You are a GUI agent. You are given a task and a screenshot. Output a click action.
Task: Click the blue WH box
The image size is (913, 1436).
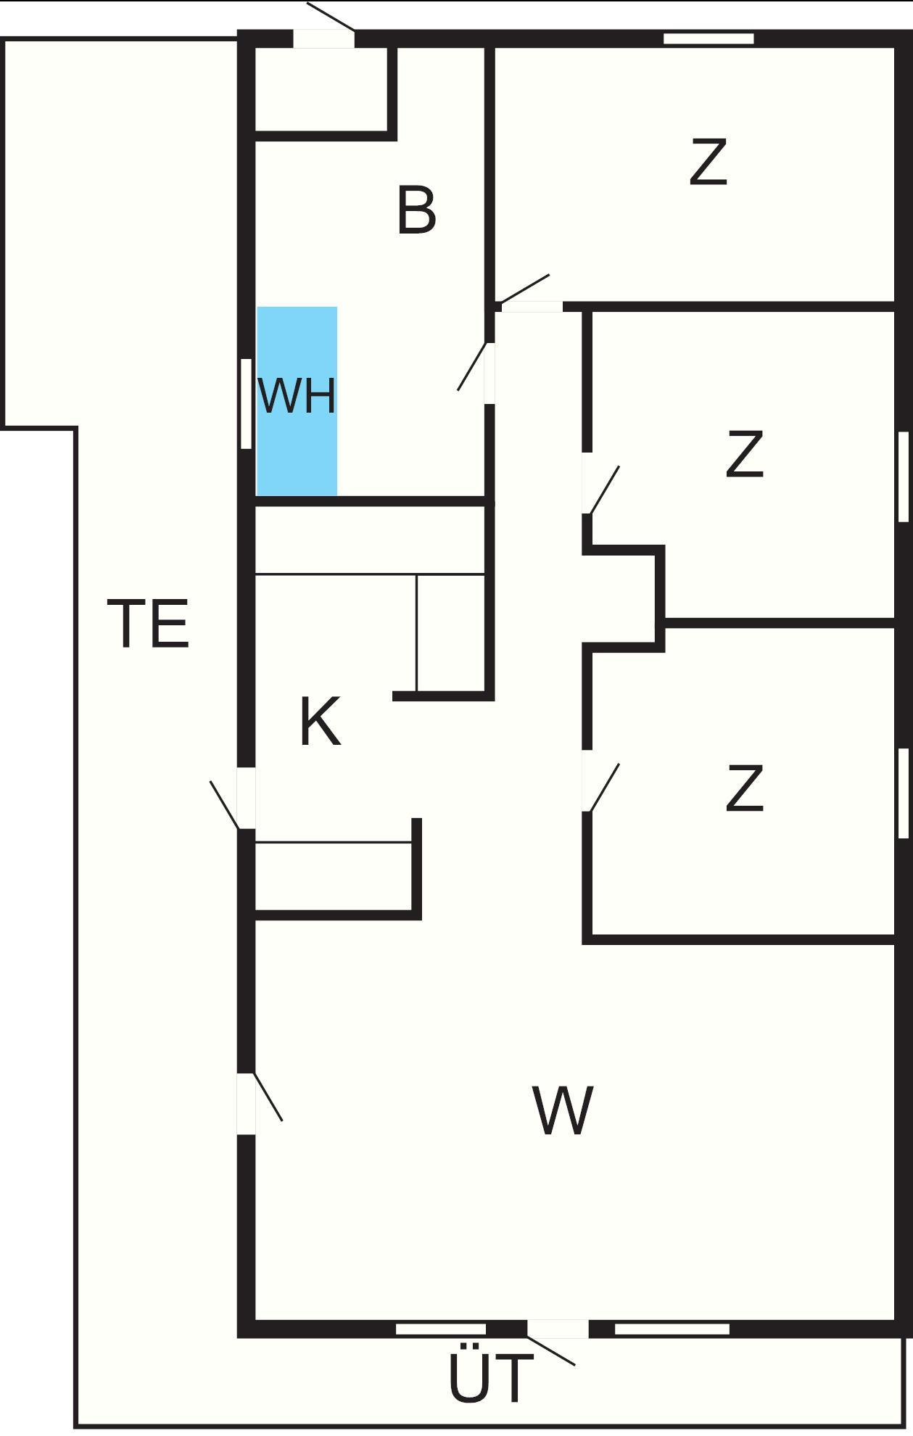point(297,401)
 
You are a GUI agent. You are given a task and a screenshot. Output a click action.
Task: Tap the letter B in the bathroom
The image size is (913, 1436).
point(417,210)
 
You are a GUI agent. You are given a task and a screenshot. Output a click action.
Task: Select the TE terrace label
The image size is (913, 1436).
point(149,623)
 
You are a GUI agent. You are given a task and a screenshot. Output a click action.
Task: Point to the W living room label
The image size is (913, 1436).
point(563,1110)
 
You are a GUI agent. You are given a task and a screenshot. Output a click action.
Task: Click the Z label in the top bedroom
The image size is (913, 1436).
point(708,163)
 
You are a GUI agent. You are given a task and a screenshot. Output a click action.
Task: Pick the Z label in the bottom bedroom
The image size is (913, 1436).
point(744,788)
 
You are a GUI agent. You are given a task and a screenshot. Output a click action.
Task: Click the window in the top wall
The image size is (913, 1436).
point(708,38)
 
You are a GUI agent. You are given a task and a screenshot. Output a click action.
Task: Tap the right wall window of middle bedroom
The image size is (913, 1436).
point(904,476)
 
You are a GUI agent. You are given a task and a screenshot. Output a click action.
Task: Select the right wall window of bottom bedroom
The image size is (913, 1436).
point(904,793)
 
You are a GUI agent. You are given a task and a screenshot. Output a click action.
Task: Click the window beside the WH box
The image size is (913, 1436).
point(246,404)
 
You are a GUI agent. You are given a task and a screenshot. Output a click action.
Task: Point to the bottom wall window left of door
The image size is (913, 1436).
point(441,1329)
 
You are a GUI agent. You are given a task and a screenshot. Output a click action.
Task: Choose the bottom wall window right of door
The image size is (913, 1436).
point(672,1329)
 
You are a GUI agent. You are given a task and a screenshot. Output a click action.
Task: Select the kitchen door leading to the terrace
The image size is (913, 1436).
point(247,798)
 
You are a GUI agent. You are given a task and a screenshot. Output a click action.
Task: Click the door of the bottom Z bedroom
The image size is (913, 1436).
point(587,780)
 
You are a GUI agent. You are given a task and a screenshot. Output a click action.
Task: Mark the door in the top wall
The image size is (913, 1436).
point(323,38)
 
